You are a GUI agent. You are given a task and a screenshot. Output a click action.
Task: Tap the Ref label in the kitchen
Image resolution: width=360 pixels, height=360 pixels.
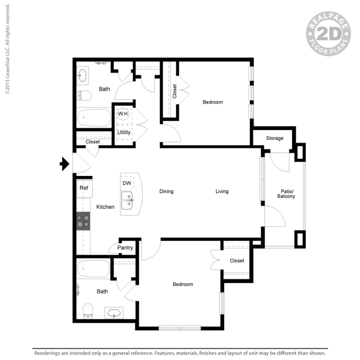[x=83, y=188]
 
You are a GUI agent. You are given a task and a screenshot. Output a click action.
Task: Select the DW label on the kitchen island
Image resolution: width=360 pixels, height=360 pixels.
[x=127, y=183]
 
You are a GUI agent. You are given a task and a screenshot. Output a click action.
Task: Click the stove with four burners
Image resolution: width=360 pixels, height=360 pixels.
[x=83, y=221]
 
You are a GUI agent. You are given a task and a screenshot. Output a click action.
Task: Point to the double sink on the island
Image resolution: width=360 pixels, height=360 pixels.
[x=127, y=201]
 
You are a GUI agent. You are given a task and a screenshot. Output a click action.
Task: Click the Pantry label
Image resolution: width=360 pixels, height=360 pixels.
[x=125, y=248]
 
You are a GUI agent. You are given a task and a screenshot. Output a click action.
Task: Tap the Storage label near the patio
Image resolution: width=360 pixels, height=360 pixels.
[x=275, y=138]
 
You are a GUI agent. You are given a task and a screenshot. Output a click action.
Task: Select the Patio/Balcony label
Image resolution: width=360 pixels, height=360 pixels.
[x=286, y=193]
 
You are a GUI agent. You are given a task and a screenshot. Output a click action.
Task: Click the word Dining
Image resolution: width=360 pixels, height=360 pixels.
[x=166, y=192]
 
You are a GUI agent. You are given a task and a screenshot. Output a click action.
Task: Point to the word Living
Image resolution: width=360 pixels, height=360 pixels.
[x=222, y=192]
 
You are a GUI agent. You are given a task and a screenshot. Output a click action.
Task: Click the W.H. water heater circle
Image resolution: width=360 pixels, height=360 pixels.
[x=123, y=114]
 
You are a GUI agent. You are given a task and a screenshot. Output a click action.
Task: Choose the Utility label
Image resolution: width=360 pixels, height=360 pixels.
[x=124, y=133]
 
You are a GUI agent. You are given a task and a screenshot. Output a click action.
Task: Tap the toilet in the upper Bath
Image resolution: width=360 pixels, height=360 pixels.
[x=85, y=96]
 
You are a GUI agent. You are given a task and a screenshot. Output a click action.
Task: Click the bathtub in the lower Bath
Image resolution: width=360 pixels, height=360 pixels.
[x=94, y=268]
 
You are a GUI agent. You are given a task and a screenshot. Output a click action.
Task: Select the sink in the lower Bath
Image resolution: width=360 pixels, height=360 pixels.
[x=114, y=313]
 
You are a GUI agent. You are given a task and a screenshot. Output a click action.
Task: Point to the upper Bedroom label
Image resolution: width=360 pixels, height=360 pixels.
[x=212, y=102]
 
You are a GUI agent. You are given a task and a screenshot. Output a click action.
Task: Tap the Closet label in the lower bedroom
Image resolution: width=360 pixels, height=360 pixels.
[x=237, y=261]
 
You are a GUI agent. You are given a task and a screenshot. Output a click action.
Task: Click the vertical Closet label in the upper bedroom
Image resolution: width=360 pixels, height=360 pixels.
[x=175, y=92]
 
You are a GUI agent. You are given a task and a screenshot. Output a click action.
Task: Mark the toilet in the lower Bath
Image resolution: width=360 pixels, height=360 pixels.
[x=88, y=310]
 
